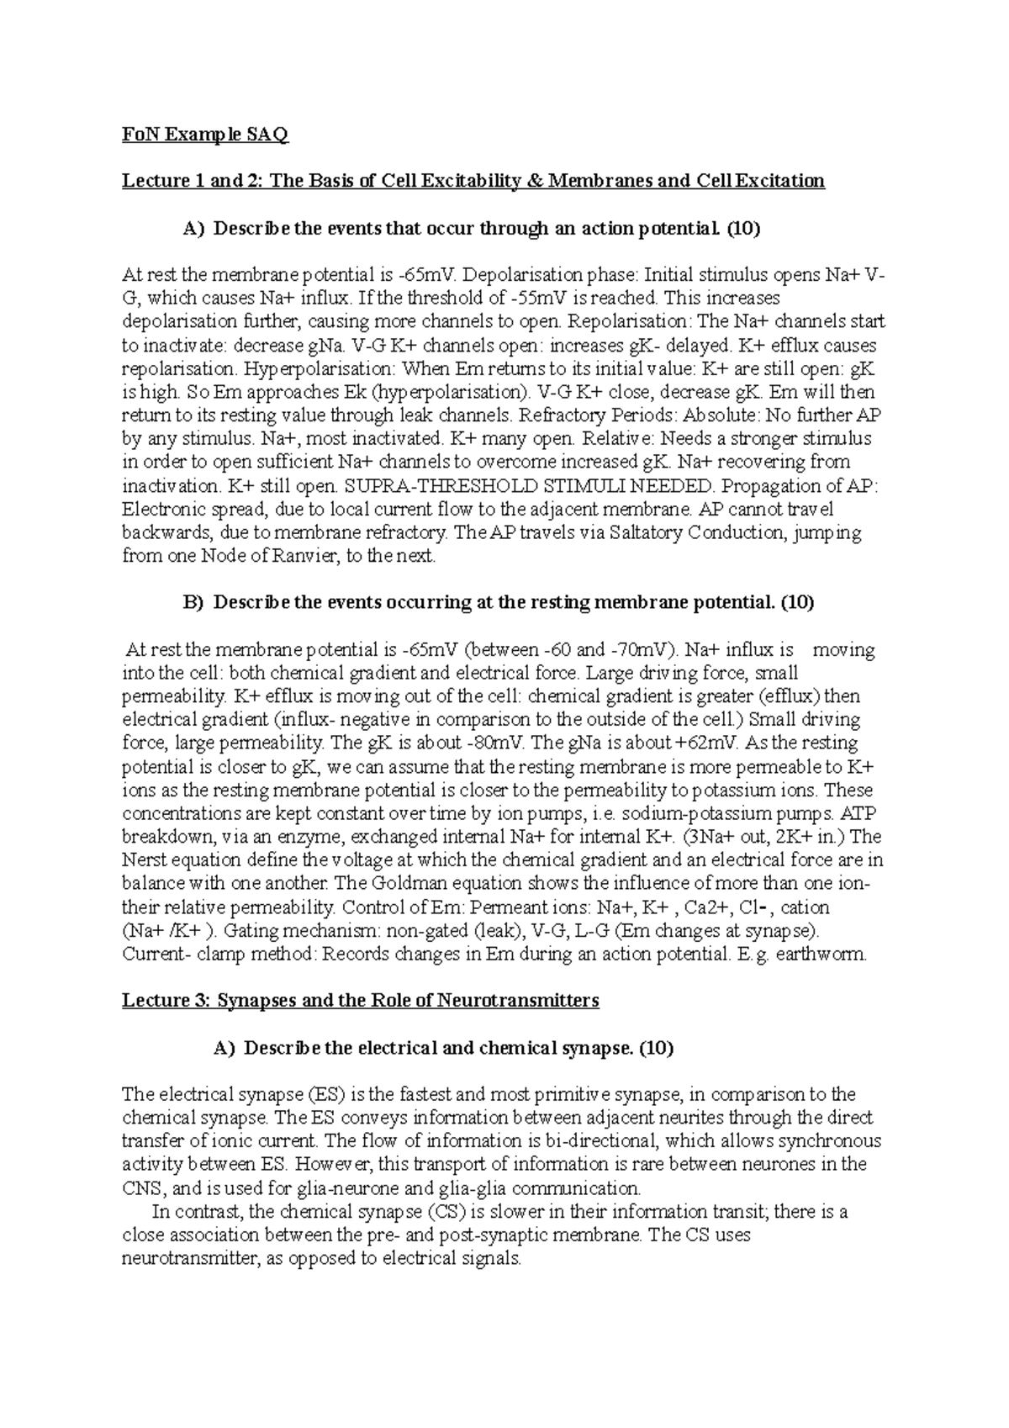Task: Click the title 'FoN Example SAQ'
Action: (x=205, y=135)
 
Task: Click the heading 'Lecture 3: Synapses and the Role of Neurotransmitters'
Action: (x=361, y=1001)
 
